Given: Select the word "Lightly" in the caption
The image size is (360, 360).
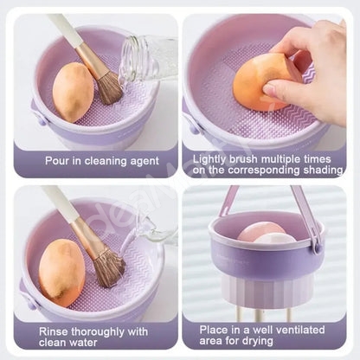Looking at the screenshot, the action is [x=209, y=159].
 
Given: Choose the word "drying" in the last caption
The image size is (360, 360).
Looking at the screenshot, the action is [x=258, y=341].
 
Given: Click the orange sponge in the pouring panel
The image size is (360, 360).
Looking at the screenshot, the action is [x=74, y=92].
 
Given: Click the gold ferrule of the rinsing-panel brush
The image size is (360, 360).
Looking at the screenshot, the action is [x=87, y=236].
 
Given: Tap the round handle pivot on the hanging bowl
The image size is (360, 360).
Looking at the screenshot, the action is [x=317, y=247].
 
